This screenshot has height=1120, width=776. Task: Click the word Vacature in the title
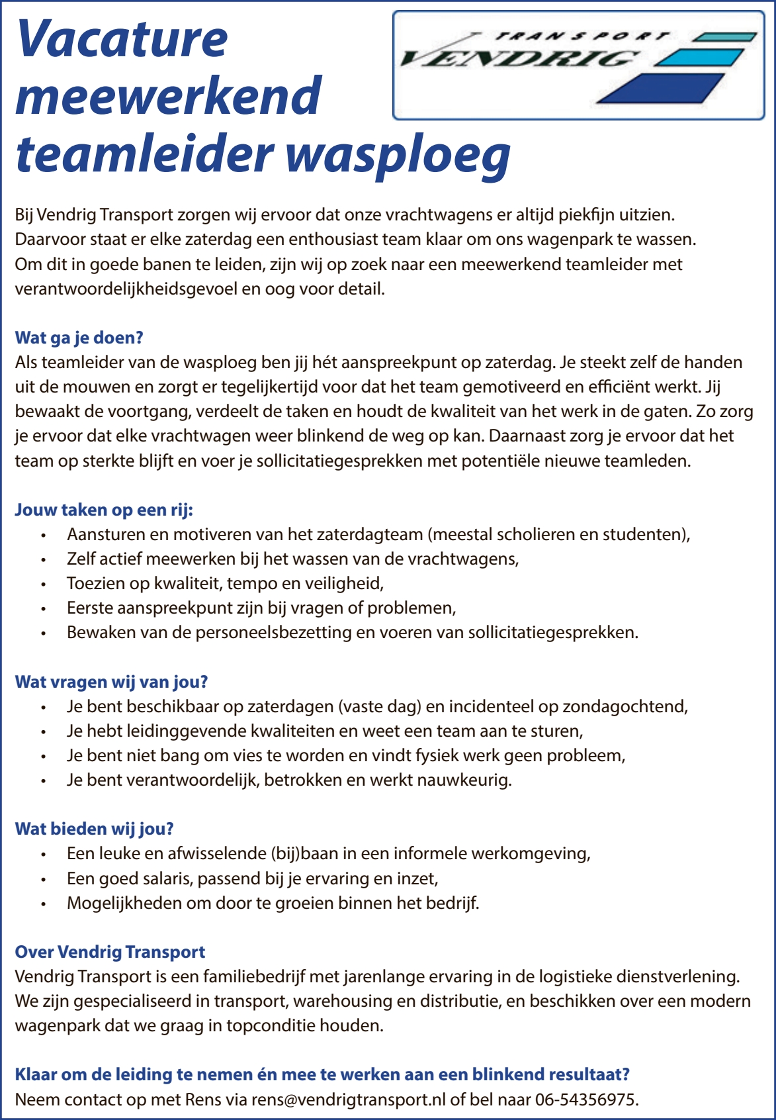click(122, 40)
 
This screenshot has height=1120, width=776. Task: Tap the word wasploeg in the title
click(398, 156)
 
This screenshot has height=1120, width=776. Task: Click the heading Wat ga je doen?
click(79, 338)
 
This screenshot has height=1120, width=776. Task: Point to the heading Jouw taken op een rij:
click(104, 510)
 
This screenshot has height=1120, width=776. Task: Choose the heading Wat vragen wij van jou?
click(111, 682)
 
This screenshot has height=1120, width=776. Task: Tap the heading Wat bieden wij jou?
click(94, 829)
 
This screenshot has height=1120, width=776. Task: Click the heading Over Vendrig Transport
click(110, 952)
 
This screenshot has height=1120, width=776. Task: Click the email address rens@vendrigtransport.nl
click(349, 1099)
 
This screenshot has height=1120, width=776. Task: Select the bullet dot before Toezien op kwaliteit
click(43, 584)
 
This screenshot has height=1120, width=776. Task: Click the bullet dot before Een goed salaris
click(43, 880)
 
